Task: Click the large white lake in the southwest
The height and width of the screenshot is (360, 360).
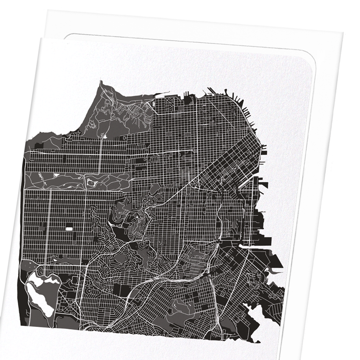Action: click(39, 289)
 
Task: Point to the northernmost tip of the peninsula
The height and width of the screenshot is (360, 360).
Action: click(101, 82)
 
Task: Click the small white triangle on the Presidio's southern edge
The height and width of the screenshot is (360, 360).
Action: click(104, 137)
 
